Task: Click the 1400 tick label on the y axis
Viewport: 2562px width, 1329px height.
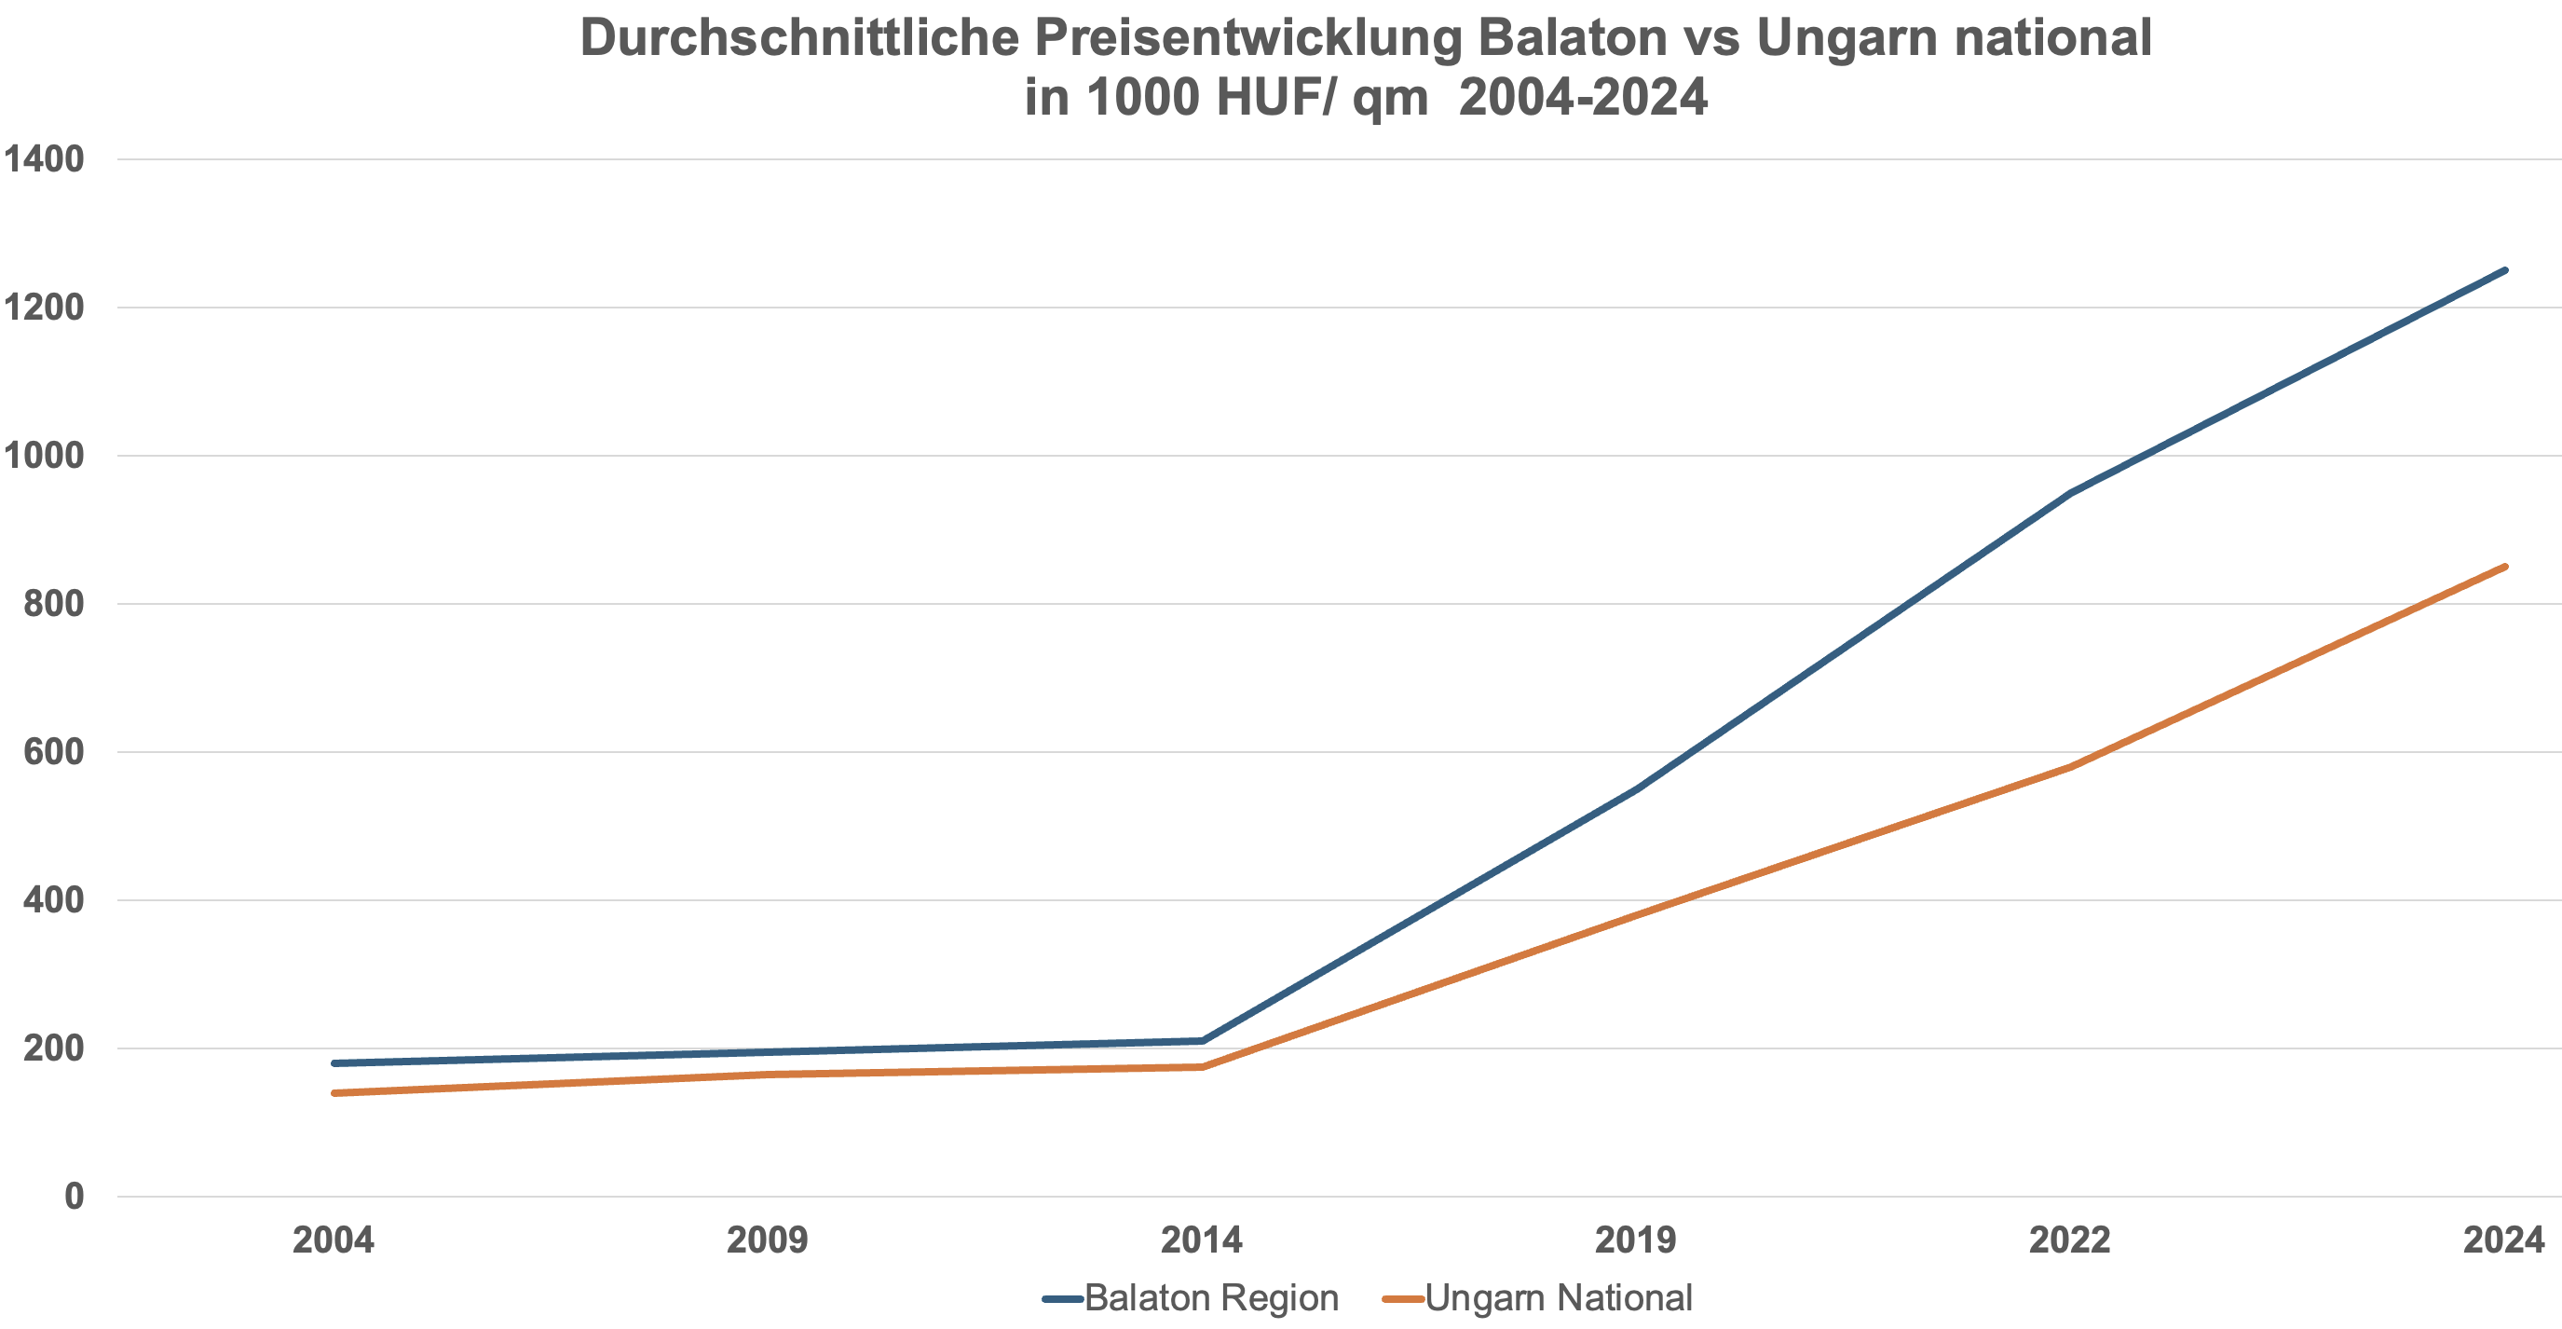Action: coord(44,159)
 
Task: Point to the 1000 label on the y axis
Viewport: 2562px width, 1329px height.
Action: coord(44,456)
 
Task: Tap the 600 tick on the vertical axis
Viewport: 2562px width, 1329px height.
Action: coord(54,752)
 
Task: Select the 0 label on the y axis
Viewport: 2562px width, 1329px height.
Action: coord(74,1196)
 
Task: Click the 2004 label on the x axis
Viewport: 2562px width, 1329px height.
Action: coord(334,1240)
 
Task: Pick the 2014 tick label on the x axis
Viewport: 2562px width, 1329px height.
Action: coord(1202,1240)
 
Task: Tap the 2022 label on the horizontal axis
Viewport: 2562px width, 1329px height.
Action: coord(2070,1240)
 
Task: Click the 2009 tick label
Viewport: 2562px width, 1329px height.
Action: coord(767,1240)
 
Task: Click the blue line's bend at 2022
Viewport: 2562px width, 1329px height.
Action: coord(2070,492)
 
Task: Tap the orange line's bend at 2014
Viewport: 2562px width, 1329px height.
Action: coord(1202,1066)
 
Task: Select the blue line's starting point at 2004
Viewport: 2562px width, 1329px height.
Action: coord(334,1063)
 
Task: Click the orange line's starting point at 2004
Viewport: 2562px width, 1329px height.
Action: coord(334,1093)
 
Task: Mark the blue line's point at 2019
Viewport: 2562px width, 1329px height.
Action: coord(1636,788)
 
